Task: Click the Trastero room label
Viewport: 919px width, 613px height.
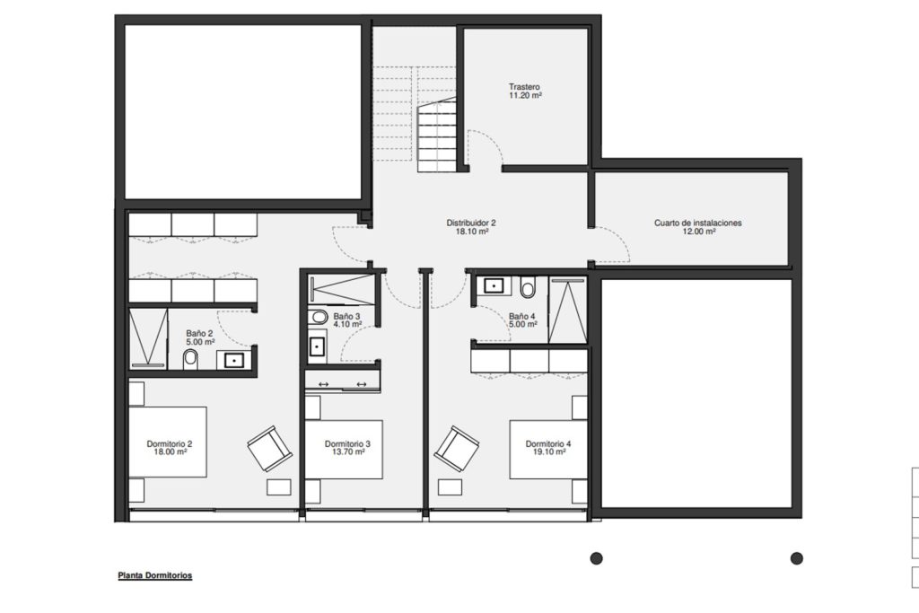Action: coord(524,87)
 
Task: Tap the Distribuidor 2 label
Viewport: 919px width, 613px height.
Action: coord(471,223)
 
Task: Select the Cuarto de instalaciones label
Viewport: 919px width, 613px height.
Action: coord(698,223)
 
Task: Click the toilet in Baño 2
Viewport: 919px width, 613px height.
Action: coord(190,359)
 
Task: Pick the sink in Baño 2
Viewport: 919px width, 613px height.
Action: coord(233,360)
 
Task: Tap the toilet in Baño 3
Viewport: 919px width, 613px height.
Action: coord(318,317)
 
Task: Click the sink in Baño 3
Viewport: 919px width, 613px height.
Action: coord(317,346)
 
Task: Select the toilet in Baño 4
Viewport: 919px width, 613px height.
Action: coord(528,288)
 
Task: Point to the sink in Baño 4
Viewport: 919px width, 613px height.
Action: coord(495,286)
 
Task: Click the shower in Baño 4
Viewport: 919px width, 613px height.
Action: coord(567,310)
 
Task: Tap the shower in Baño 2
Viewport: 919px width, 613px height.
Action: coord(148,338)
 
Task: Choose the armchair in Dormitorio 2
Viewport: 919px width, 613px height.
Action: coord(269,448)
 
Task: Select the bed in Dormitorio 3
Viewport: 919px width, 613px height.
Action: coord(344,450)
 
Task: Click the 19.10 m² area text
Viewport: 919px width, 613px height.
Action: coord(548,452)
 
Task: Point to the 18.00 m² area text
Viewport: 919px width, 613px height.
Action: coord(170,452)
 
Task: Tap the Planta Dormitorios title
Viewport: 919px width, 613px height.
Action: coord(155,575)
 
